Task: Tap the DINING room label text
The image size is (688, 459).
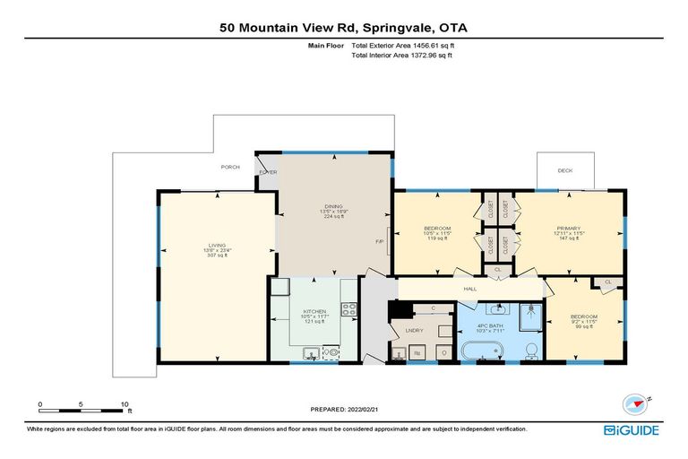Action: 334,206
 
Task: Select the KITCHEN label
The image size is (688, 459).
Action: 314,312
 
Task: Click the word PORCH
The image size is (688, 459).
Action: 231,167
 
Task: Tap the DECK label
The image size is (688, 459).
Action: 564,170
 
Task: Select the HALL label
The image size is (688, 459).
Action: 469,289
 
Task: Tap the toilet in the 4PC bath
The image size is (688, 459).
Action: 530,348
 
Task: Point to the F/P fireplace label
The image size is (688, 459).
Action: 380,241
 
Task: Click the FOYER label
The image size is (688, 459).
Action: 267,171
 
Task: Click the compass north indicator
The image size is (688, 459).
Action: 635,404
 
